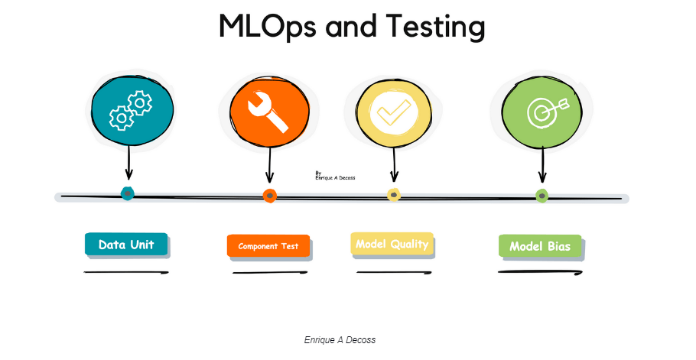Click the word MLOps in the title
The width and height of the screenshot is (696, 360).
point(267,27)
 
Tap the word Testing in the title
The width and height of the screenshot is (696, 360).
point(435,27)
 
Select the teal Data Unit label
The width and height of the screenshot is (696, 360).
point(126,245)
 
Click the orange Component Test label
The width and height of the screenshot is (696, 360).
point(268,246)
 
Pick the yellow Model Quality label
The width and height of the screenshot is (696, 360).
point(392,244)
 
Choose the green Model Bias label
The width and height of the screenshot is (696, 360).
point(540,246)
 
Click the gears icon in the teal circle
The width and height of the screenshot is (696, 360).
point(131,110)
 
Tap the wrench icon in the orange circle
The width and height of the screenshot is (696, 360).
point(268,112)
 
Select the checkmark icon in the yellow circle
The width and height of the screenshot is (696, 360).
point(393,112)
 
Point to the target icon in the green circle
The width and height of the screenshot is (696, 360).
point(548,112)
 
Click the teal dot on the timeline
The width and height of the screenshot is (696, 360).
point(128,193)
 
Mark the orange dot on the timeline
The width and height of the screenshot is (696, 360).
point(269,196)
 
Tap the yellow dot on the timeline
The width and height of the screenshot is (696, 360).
point(394,195)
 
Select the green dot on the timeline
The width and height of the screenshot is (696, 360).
point(542,196)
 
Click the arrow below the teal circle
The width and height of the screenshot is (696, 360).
point(128,162)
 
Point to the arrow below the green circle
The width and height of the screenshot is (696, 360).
point(542,164)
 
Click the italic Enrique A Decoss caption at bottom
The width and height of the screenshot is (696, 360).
point(340,340)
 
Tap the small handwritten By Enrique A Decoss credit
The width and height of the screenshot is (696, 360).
point(335,176)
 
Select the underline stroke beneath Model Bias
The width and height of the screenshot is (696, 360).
point(540,272)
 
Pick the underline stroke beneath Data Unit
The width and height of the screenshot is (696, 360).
point(126,272)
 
